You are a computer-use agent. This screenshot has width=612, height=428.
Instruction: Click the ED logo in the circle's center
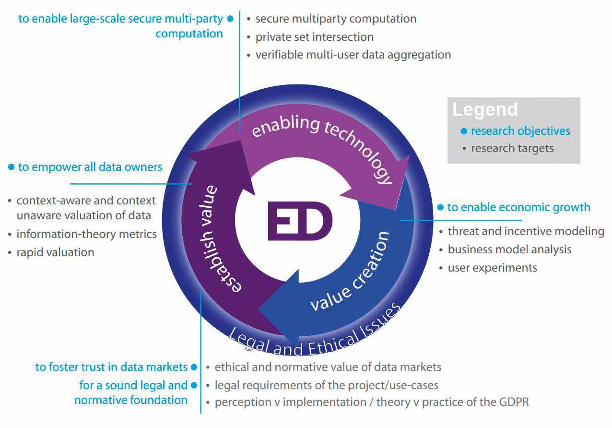[x=300, y=220]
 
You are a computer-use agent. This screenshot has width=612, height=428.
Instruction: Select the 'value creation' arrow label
[x=350, y=271]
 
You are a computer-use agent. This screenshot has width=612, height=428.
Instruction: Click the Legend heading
[x=485, y=109]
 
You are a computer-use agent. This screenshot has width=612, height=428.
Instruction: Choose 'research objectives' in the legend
[x=520, y=131]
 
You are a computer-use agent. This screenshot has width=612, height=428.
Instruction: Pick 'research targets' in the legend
[x=512, y=148]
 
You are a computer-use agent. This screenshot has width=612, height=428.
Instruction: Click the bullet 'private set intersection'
[x=314, y=36]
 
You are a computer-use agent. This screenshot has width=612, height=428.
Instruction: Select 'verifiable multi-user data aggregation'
[x=353, y=55]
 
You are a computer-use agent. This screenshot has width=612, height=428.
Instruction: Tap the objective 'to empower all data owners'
[x=90, y=167]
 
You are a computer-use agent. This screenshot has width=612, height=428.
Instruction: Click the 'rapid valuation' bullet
[x=55, y=252]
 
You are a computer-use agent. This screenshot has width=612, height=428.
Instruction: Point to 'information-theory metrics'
[x=86, y=234]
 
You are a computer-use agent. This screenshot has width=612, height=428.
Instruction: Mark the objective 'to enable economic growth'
[x=518, y=207]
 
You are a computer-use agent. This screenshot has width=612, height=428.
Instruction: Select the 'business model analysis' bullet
[x=509, y=250]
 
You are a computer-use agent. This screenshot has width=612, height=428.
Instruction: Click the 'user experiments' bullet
[x=492, y=267]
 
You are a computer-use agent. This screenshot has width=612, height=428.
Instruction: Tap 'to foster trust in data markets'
[x=111, y=367]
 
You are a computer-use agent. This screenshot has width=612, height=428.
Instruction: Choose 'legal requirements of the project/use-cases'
[x=326, y=385]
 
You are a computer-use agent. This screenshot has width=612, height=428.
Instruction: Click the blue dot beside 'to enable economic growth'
[x=440, y=207]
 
